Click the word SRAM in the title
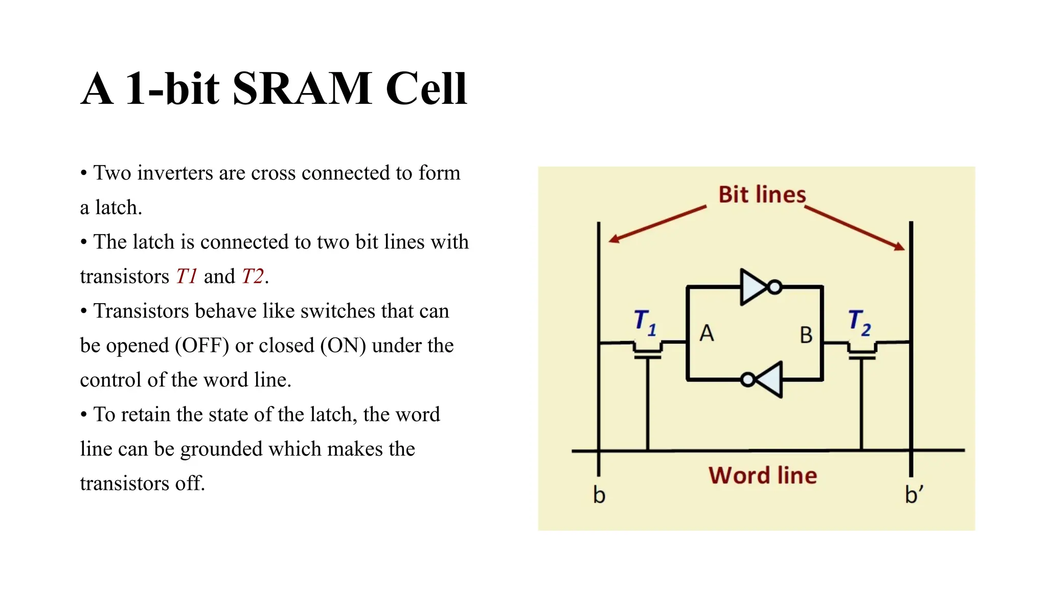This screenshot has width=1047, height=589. point(302,88)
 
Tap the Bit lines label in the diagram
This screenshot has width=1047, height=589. point(762,195)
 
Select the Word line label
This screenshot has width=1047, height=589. point(762,475)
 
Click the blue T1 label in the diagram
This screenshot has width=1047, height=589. point(644,322)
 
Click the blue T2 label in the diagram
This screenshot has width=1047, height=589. point(859,322)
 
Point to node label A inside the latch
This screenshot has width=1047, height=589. point(707,333)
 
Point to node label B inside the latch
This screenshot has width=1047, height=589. point(806,335)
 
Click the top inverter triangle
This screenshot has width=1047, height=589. point(753,287)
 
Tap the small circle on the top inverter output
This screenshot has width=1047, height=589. point(775,287)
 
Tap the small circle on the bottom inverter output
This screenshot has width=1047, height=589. point(748,379)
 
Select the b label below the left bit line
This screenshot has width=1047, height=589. point(599,495)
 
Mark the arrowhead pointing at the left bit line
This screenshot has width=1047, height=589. point(613,239)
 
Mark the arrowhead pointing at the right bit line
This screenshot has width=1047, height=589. point(899,247)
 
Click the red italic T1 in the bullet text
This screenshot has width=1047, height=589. point(187,277)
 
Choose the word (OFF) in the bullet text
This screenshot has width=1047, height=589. point(202,346)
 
